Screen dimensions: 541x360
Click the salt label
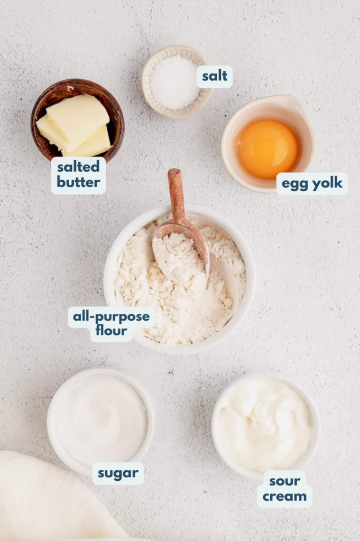pyautogui.click(x=215, y=77)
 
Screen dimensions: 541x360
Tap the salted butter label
pyautogui.click(x=78, y=175)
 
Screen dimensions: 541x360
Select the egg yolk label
pyautogui.click(x=312, y=184)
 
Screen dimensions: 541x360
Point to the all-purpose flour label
pyautogui.click(x=111, y=324)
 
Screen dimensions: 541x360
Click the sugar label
pyautogui.click(x=118, y=473)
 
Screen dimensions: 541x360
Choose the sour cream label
pyautogui.click(x=284, y=489)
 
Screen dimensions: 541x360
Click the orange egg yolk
pyautogui.click(x=267, y=148)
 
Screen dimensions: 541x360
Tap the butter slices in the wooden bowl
pyautogui.click(x=75, y=125)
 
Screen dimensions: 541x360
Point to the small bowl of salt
pyautogui.click(x=176, y=82)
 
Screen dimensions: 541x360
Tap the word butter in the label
pyautogui.click(x=78, y=183)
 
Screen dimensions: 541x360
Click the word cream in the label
pyautogui.click(x=284, y=497)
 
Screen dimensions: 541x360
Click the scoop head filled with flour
pyautogui.click(x=180, y=254)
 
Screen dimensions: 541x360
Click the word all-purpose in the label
pyautogui.click(x=111, y=317)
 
